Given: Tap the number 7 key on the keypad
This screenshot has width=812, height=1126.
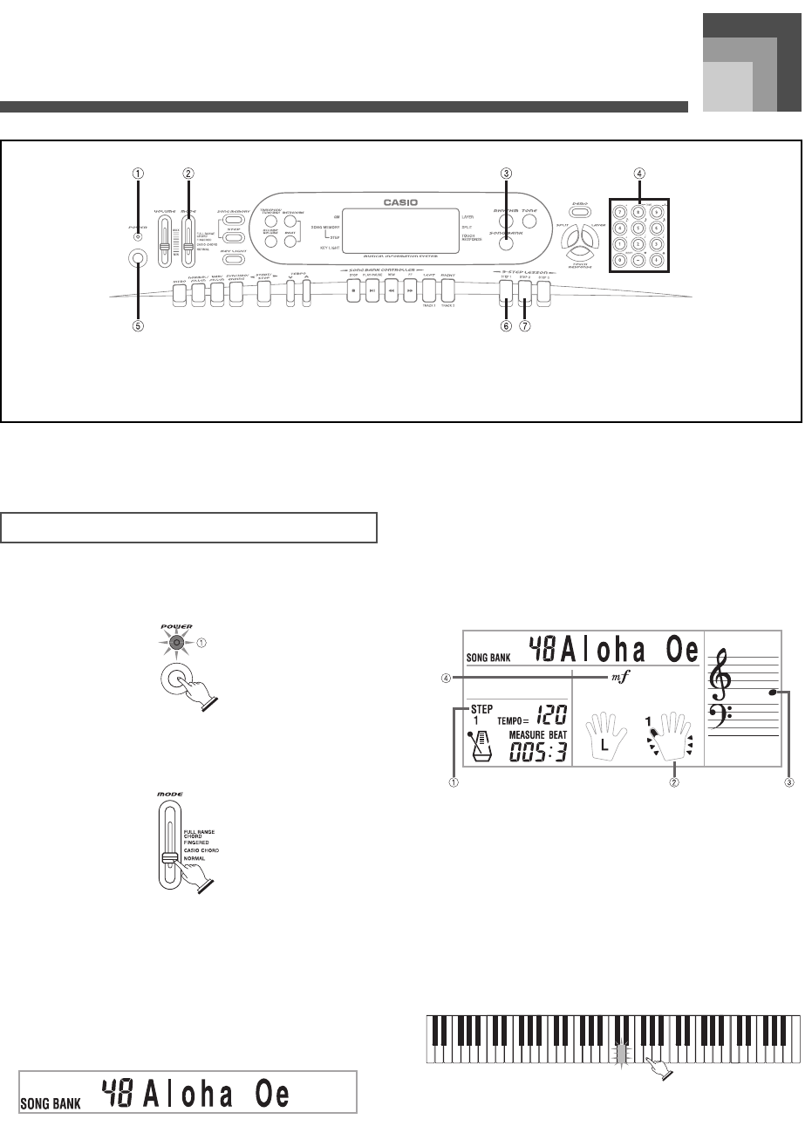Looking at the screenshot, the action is (618, 212).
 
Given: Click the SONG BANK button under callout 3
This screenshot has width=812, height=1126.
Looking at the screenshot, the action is (507, 245).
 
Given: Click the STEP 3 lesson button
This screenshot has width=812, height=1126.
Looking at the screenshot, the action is (544, 294).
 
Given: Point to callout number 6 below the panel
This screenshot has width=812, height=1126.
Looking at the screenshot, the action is (506, 328).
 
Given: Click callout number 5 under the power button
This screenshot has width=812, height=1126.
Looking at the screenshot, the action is (137, 328).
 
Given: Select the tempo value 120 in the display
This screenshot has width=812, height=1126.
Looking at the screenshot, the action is (550, 717).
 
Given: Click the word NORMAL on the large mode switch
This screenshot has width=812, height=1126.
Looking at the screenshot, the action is (195, 858).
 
